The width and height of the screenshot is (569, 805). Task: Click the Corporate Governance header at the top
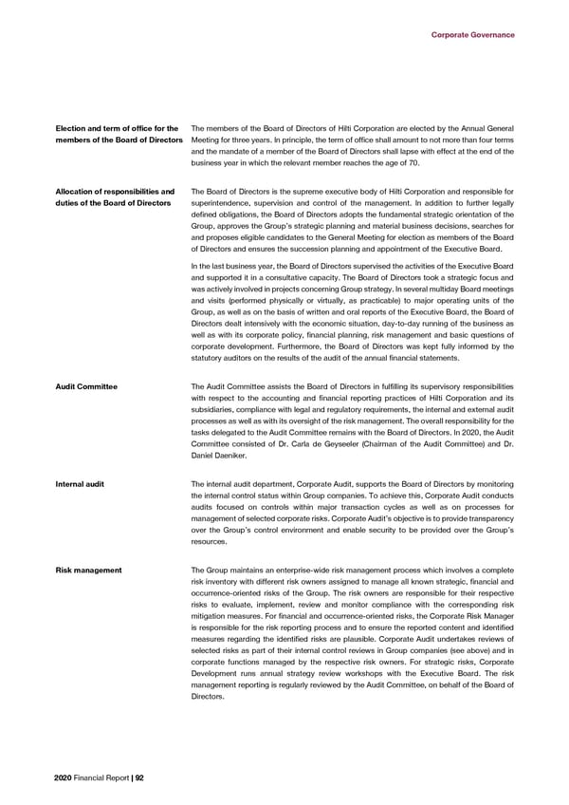(472, 35)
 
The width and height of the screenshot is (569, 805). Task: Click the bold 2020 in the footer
(66, 777)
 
